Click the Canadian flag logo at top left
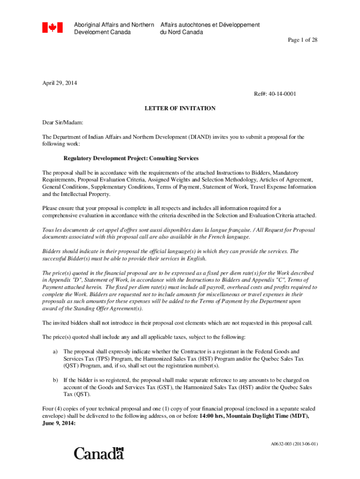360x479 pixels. [x=52, y=28]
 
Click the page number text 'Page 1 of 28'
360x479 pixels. [x=302, y=40]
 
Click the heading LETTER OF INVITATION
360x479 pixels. [x=180, y=109]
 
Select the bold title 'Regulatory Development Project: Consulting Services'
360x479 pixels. [x=131, y=159]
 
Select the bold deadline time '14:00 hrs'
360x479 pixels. [x=212, y=416]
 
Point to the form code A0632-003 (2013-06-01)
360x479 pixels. [x=294, y=444]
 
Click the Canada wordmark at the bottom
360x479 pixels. [x=99, y=453]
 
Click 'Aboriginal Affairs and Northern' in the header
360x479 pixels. [x=114, y=25]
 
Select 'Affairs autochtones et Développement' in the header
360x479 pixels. [x=210, y=25]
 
